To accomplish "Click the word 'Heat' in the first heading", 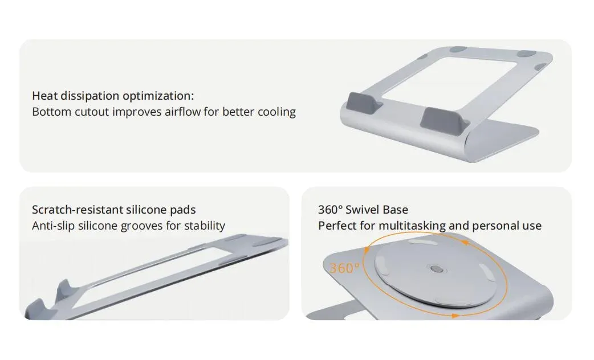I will tap(44, 96).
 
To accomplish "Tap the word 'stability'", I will tap(205, 226).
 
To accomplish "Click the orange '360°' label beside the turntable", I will tap(344, 268).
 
